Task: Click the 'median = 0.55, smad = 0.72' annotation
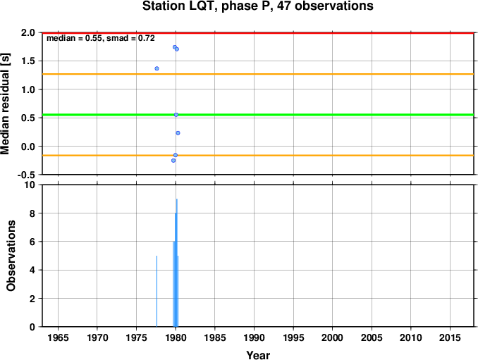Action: coord(101,38)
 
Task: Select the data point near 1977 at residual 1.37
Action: coord(157,68)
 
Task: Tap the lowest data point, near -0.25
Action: coord(173,161)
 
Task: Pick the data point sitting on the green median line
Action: coord(176,115)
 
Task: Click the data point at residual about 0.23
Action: coord(178,133)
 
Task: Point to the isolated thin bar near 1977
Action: coord(157,291)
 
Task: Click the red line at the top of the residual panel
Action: coord(259,32)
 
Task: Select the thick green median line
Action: coord(259,115)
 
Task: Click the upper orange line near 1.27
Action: coord(259,74)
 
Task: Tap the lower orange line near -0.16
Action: coord(259,155)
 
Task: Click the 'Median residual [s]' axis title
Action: coord(5,104)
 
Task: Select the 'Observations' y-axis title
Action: coord(11,256)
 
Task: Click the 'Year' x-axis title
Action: coord(258,355)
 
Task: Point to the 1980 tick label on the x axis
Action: coord(176,337)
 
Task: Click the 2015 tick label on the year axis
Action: coord(450,337)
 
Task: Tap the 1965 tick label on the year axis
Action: coord(58,337)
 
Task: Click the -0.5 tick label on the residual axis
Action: coord(26,175)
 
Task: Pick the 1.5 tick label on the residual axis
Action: coord(28,61)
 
